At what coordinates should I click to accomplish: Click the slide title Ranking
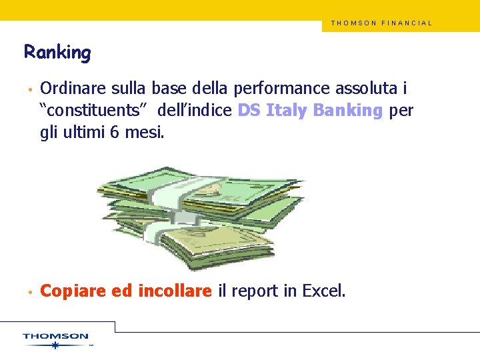pos(57,52)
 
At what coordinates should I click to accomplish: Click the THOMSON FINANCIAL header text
pos(381,23)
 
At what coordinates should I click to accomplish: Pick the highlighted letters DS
pos(249,110)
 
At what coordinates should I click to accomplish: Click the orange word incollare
pos(175,291)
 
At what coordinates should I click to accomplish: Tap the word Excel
pos(323,291)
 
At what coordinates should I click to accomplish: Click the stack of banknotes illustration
pos(200,213)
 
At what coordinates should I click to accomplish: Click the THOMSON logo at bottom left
pos(55,337)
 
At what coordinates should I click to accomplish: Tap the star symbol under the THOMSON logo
pos(55,345)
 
